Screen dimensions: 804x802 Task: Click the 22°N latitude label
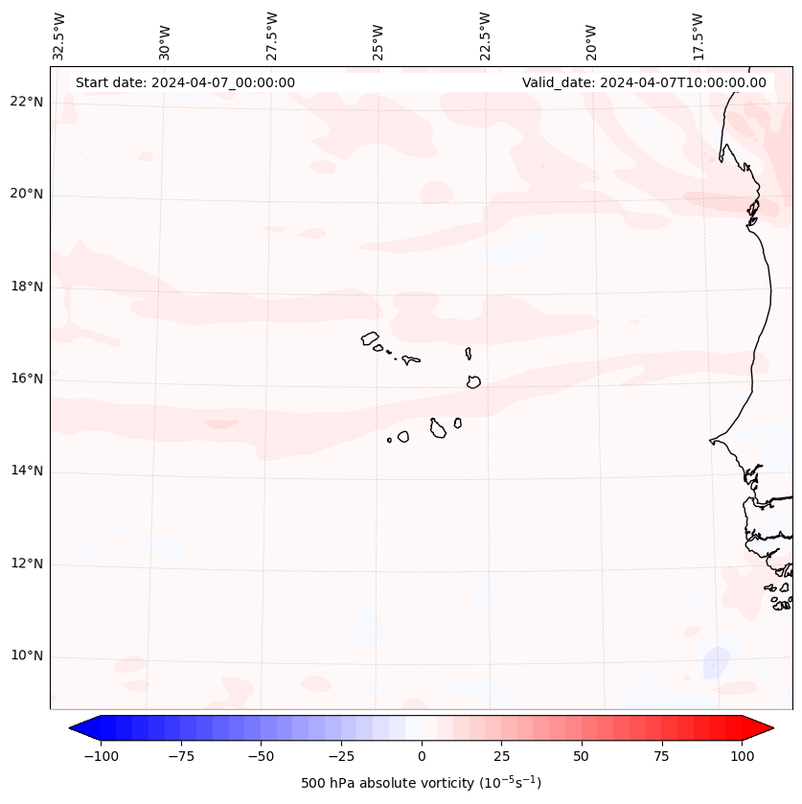tap(27, 102)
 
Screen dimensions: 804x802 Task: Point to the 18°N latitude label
tap(27, 287)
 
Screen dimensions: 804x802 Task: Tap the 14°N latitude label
tap(27, 471)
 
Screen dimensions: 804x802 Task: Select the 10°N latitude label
tap(27, 656)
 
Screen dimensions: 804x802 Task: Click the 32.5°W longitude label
tap(59, 35)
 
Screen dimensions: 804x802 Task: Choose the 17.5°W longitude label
tap(698, 35)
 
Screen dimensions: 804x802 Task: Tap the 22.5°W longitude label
tap(485, 35)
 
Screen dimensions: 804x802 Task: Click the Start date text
tap(185, 82)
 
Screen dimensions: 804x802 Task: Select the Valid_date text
tap(644, 82)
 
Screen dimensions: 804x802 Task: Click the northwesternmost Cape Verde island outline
tap(370, 337)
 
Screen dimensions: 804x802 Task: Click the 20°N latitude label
tap(27, 194)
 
